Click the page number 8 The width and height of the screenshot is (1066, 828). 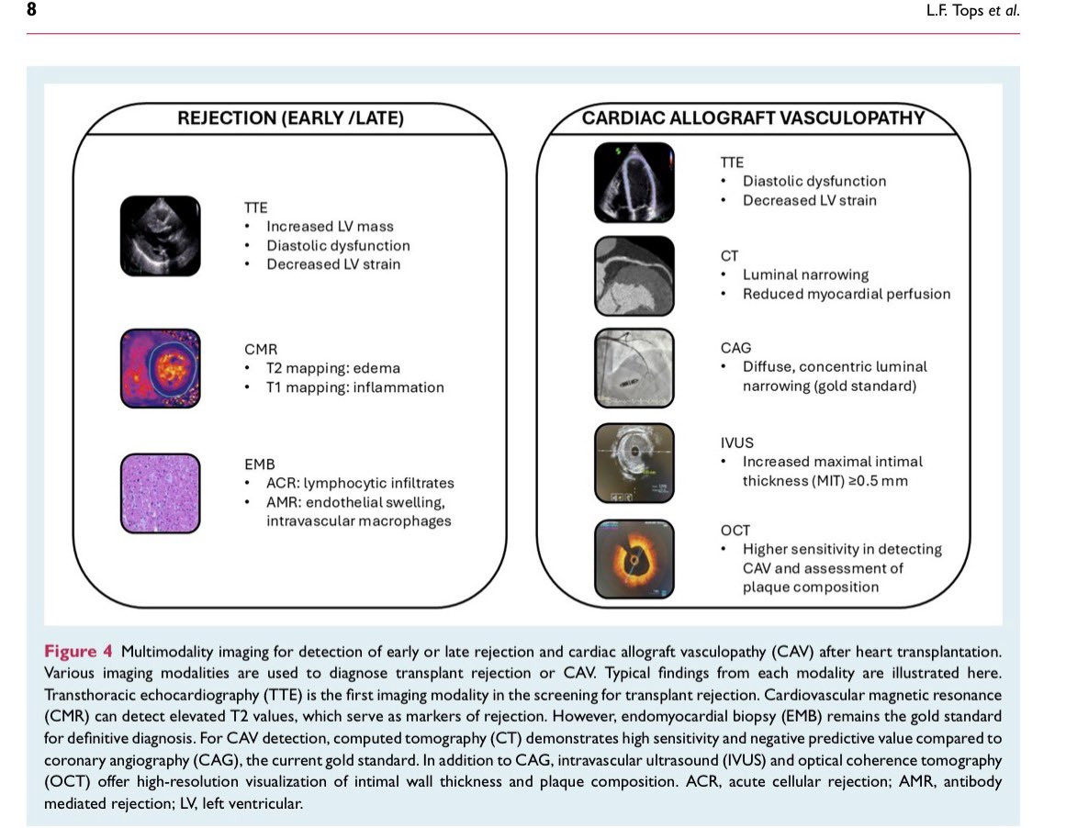pos(31,9)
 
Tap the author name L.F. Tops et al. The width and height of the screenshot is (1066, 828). pos(973,10)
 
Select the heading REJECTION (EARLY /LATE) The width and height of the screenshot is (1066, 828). pos(290,118)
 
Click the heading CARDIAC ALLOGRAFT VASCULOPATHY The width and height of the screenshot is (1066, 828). pos(753,118)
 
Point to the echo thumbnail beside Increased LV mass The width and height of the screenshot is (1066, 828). pos(161,236)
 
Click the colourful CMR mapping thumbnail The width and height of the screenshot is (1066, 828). pos(161,368)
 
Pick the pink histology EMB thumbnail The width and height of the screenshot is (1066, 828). pos(161,494)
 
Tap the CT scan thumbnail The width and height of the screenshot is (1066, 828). pos(634,276)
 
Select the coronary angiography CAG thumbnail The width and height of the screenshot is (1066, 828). pos(634,368)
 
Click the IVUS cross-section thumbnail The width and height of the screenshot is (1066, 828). pos(634,463)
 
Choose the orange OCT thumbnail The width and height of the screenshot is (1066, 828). pos(634,559)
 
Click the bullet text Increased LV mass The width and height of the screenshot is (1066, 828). pos(330,227)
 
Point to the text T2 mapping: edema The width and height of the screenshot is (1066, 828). pos(333,368)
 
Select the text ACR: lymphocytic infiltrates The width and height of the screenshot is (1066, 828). pos(360,484)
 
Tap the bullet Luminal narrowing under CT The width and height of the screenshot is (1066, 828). pos(805,274)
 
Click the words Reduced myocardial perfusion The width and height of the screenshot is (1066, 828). pos(847,294)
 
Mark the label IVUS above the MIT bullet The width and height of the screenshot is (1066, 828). pos(737,442)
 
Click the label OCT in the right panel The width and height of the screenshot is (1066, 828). pos(735,531)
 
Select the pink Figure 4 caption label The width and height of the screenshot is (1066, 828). pos(78,651)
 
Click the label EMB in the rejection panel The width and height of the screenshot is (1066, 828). pos(260,464)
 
